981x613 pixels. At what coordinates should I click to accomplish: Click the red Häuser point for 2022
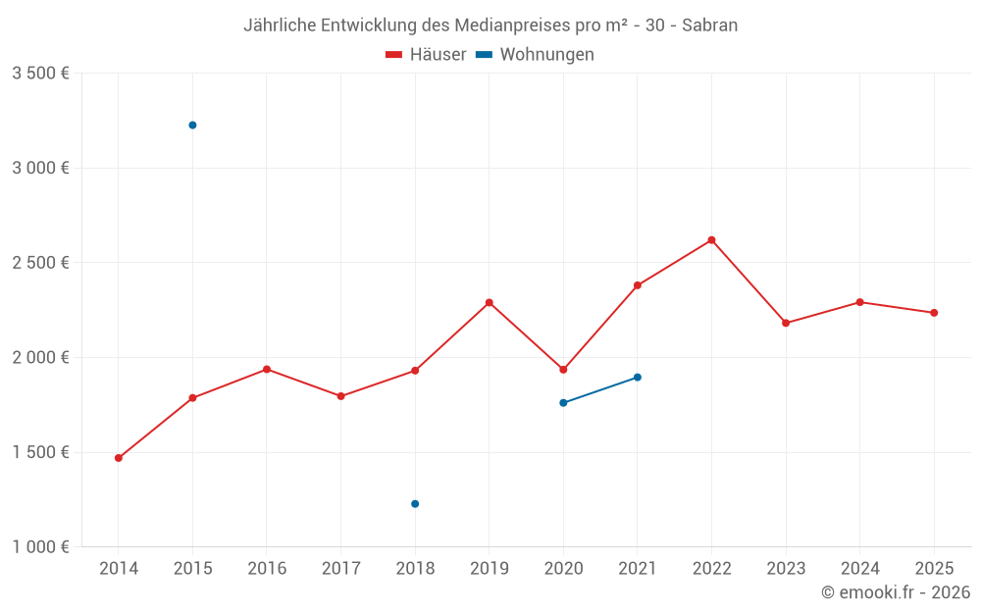pos(711,240)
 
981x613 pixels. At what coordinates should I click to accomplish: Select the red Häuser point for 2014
pos(119,458)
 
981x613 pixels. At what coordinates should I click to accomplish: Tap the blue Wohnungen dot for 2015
pos(192,126)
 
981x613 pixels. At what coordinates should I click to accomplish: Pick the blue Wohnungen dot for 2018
pos(415,504)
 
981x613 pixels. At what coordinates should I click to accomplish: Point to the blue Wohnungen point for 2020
pos(563,403)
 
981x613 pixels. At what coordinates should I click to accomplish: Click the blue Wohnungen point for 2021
pos(638,378)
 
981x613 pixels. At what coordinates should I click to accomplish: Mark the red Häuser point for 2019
pos(490,302)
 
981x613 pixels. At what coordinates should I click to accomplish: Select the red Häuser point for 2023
pos(786,323)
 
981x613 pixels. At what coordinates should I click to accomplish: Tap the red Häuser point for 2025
pos(934,313)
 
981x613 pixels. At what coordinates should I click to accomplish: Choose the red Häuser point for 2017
pos(340,396)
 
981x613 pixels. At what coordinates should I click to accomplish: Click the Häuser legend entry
pos(426,55)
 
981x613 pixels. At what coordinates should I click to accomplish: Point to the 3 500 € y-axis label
pos(40,74)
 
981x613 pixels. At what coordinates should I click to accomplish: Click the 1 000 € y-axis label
pos(40,547)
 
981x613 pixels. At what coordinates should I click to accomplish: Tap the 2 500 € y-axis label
pos(40,263)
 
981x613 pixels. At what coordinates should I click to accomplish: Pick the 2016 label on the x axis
pos(267,569)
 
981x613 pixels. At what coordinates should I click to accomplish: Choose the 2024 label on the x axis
pos(860,569)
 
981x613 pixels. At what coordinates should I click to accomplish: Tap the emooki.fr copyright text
pos(896,592)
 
